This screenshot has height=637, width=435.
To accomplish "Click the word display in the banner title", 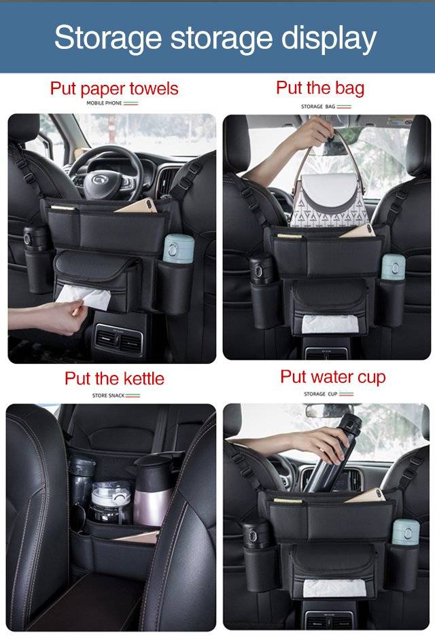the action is pos(329,39).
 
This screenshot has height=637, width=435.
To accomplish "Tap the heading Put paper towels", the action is pos(114,88).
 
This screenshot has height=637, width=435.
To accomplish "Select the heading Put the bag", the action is pos(320,88).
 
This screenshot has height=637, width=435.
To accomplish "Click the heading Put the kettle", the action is pos(114,379).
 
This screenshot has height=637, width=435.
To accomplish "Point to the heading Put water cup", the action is pos(333,377).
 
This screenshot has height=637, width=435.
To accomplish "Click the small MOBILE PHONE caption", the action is pos(104,103).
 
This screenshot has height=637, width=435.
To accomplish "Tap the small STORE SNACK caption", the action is pos(108,395).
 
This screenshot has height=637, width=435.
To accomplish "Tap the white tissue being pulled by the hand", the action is pos(84,296).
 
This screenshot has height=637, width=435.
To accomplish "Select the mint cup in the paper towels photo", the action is pos(179,249).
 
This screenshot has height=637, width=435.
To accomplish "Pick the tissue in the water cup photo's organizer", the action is pos(334,588).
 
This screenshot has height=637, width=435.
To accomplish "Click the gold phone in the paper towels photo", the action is pos(136,206).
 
